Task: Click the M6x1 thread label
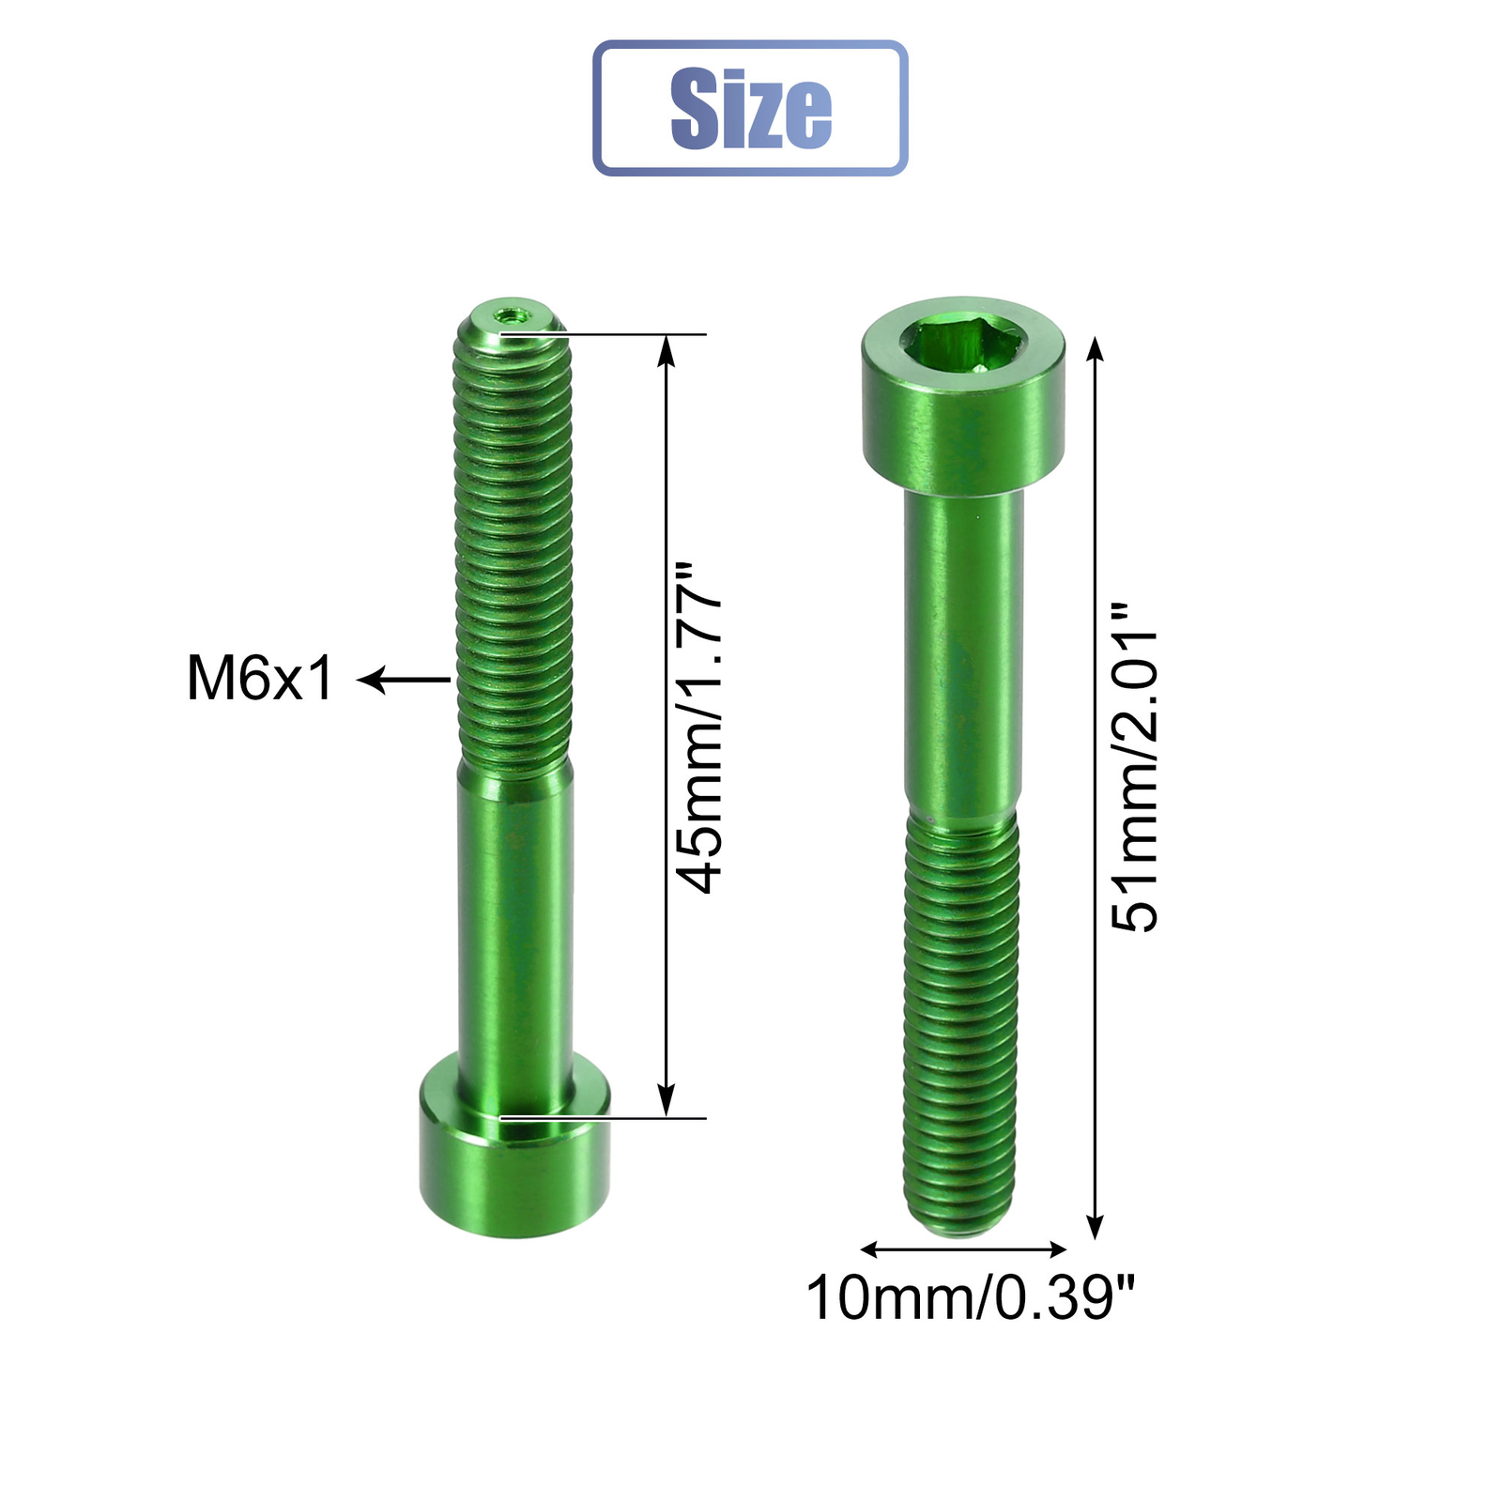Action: tap(259, 678)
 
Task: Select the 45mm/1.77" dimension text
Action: tap(700, 728)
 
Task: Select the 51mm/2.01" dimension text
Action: tap(1135, 767)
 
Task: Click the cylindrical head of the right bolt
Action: tap(963, 422)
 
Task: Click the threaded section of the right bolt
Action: tap(961, 1014)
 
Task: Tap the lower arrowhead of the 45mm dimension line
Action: tap(666, 1106)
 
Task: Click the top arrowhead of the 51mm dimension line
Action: tap(1095, 347)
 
